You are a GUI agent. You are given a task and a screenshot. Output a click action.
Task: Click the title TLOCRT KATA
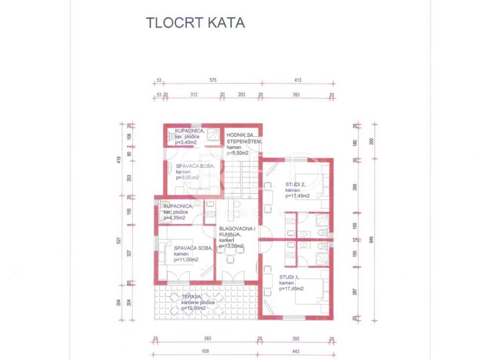pyautogui.click(x=195, y=23)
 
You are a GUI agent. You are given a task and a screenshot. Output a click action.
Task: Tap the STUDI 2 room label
pyautogui.click(x=296, y=185)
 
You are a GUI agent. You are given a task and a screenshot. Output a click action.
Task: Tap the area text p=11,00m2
pyautogui.click(x=187, y=259)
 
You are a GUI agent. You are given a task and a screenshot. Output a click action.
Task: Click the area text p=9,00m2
pyautogui.click(x=187, y=178)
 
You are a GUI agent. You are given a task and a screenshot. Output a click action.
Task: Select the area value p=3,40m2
pyautogui.click(x=186, y=142)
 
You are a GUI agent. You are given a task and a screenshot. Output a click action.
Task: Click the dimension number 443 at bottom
pyautogui.click(x=296, y=351)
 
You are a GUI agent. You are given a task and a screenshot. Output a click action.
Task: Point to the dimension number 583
pyautogui.click(x=207, y=339)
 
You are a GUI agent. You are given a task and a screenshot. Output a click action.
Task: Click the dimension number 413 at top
pyautogui.click(x=298, y=80)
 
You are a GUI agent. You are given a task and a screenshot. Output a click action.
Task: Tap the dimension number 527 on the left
pyautogui.click(x=119, y=240)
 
